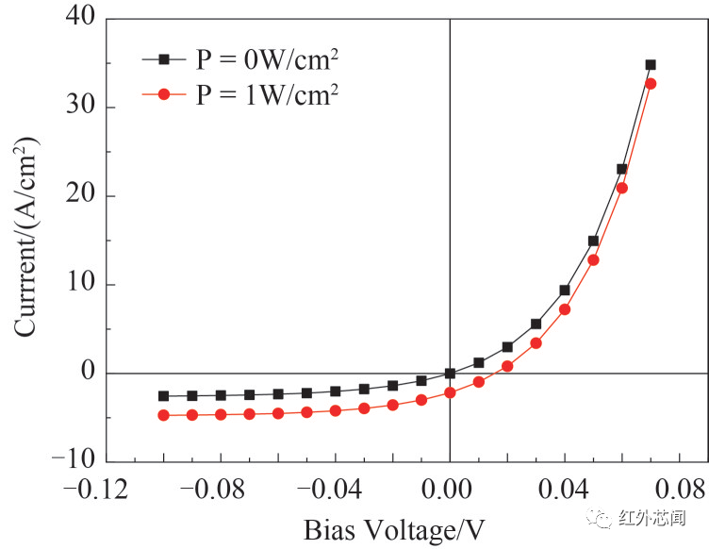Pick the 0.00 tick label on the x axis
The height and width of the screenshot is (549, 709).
[x=449, y=491]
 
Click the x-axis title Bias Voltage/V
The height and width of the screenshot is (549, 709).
[x=395, y=530]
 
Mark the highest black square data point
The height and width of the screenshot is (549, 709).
[x=651, y=65]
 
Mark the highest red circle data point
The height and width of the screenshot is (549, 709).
[x=651, y=84]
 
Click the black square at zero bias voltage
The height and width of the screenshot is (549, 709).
[x=450, y=374]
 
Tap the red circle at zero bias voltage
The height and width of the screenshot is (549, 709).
[x=450, y=392]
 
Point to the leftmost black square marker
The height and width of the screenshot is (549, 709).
[x=163, y=396]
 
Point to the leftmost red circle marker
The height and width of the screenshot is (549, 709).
[x=163, y=415]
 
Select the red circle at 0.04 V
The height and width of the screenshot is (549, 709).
[x=565, y=309]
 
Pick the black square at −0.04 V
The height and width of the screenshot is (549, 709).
[x=335, y=391]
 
